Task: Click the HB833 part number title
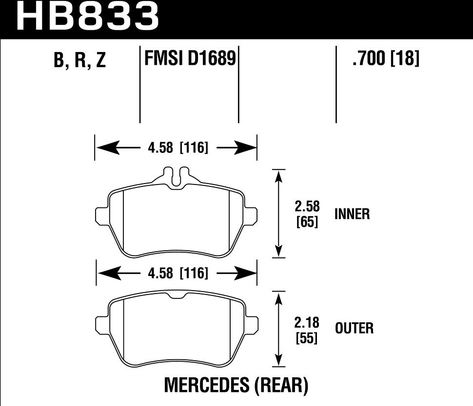pos(88,17)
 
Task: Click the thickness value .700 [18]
pos(385,59)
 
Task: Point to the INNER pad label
pos(352,214)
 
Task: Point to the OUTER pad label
pos(354,329)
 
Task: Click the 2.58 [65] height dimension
pos(307,214)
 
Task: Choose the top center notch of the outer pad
pos(176,297)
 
